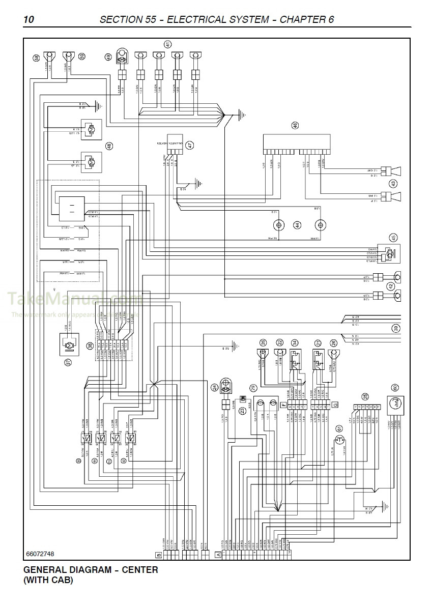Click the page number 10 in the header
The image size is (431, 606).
point(29,20)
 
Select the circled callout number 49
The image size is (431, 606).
point(108,58)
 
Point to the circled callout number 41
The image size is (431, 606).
point(168,44)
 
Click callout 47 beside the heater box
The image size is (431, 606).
point(189,145)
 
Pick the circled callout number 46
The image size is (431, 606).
point(295,126)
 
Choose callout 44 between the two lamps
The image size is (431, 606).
point(297,225)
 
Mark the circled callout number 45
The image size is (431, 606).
point(393,237)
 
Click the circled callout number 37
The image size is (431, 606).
point(67,362)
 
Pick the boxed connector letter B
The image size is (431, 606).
point(158,554)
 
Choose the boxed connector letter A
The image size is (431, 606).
point(218,554)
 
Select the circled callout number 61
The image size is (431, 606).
point(339,428)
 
